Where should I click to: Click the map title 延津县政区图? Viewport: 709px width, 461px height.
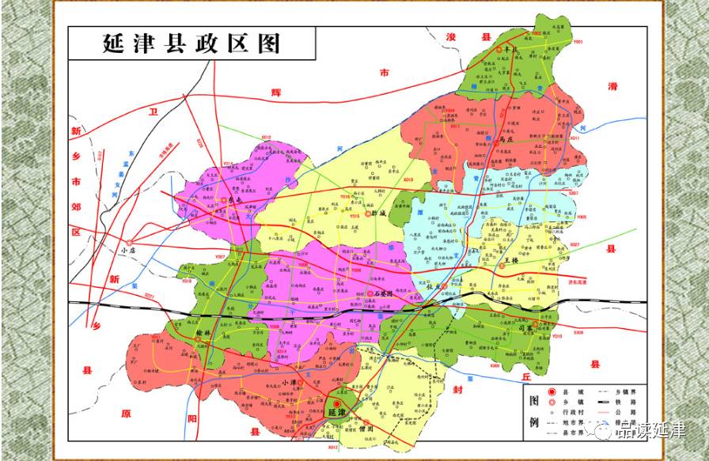coord(191,43)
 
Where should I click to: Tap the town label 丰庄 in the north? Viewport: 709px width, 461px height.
coord(511,50)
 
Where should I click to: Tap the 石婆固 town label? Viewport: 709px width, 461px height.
coord(389,293)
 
